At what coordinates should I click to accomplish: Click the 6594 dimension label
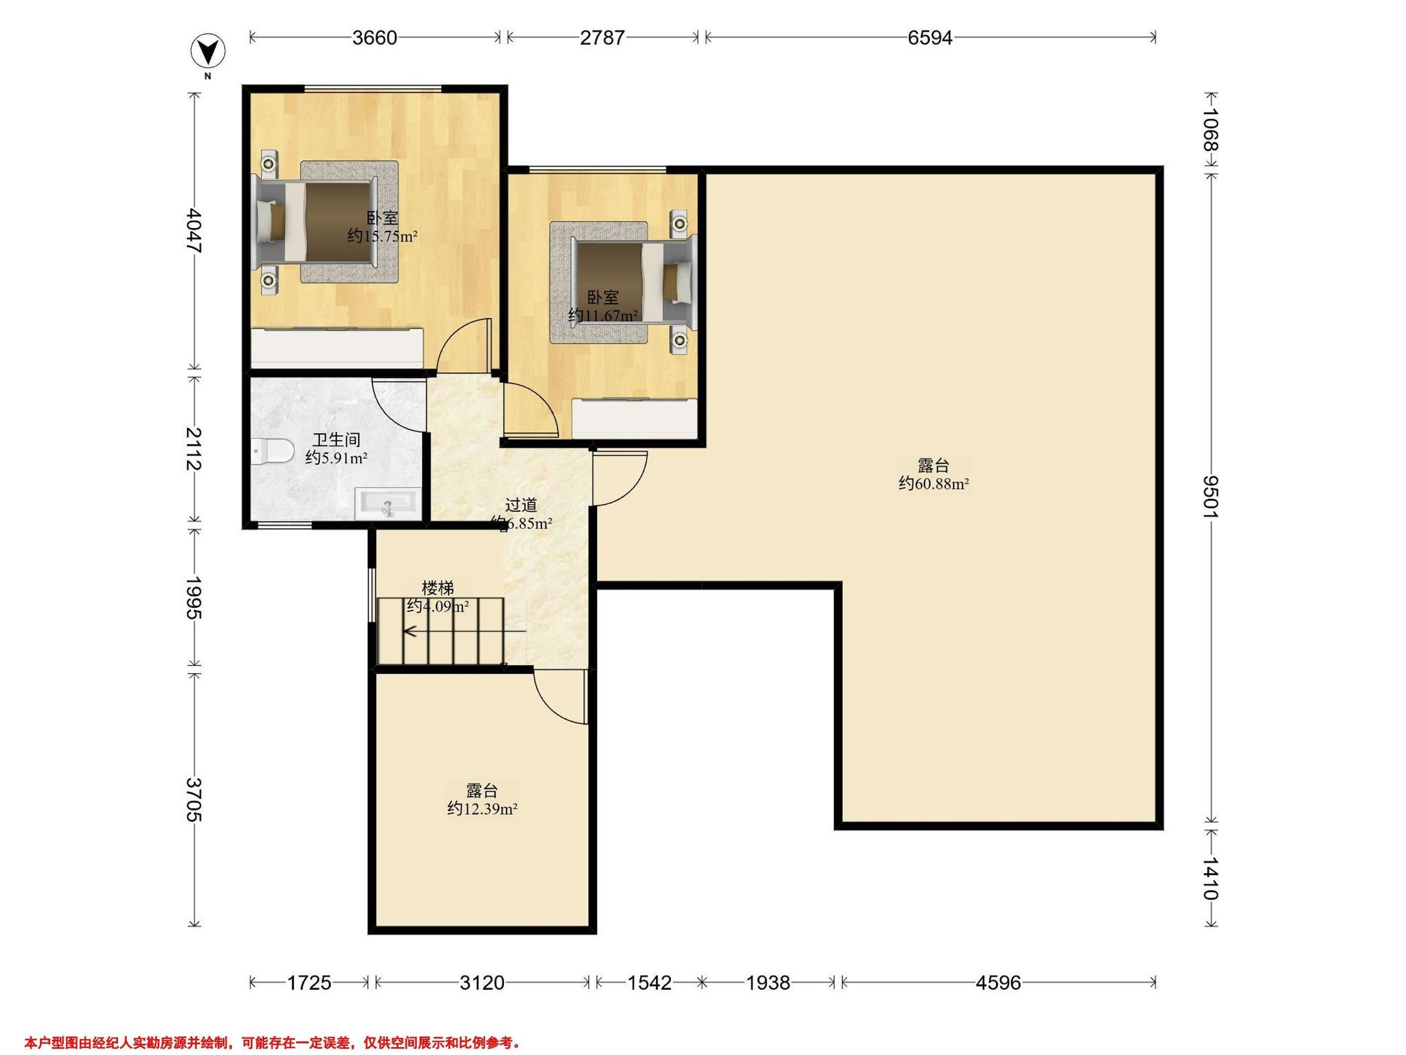[x=930, y=38]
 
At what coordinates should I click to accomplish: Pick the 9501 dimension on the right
[x=1210, y=497]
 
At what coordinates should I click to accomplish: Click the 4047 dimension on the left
[x=194, y=232]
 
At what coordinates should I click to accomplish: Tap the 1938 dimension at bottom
[x=768, y=983]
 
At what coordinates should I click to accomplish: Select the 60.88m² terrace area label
[x=934, y=484]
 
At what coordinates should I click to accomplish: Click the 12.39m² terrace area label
[x=482, y=809]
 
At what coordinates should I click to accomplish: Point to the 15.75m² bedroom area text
[x=382, y=237]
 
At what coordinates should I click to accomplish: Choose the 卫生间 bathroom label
[x=336, y=440]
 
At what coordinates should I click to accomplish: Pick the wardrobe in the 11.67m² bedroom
[x=636, y=418]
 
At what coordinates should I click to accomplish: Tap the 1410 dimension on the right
[x=1210, y=878]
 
